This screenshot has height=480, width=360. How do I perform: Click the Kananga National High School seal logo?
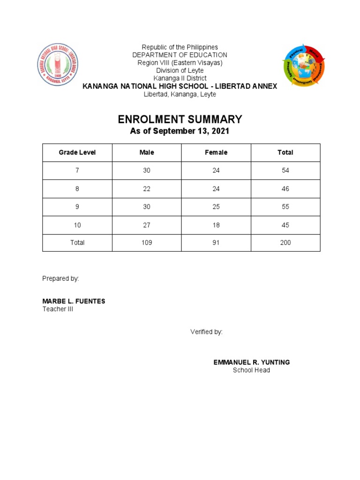tap(59, 65)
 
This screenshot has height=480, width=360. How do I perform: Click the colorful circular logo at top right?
tap(303, 66)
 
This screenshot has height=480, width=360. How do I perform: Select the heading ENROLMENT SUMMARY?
tap(180, 119)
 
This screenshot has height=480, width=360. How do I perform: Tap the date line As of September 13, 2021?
tap(180, 131)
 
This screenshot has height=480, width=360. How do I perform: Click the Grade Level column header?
tap(77, 152)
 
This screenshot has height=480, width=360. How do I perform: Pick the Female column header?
tap(216, 152)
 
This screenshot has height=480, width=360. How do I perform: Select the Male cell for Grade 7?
tap(147, 171)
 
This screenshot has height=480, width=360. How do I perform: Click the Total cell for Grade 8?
tap(285, 189)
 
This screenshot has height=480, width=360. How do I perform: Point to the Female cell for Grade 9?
tap(216, 207)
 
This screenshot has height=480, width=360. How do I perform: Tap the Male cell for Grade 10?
tap(147, 225)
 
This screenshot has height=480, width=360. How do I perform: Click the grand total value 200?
tap(285, 243)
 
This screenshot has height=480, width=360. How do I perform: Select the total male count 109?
tap(147, 243)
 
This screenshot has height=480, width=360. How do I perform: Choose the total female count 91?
tap(216, 243)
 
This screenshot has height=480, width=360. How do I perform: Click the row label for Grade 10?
tap(77, 225)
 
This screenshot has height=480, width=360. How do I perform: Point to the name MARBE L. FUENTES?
tap(74, 301)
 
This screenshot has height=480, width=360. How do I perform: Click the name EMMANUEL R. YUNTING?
tap(252, 362)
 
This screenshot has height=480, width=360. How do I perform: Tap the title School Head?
tap(252, 370)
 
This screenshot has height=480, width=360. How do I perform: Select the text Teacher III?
tap(58, 309)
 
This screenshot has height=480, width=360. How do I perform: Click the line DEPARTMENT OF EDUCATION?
tap(180, 55)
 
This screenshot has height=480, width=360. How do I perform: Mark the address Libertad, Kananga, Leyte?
tap(180, 94)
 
